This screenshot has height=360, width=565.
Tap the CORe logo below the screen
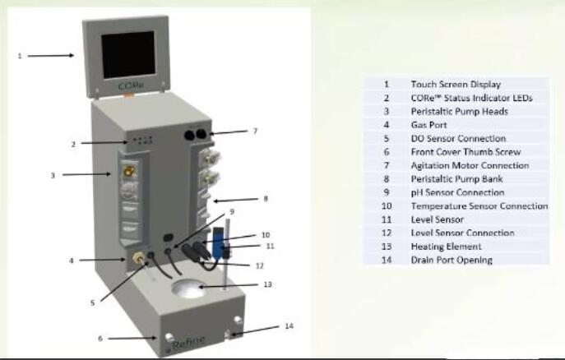click(x=130, y=85)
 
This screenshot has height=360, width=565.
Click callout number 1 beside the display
click(x=19, y=56)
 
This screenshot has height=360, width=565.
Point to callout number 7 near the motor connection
click(x=255, y=130)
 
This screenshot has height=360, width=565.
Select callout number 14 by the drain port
click(x=288, y=326)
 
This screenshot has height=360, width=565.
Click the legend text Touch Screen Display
click(x=455, y=84)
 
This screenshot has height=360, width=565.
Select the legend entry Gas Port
click(x=428, y=125)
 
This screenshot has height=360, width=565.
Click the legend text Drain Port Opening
click(x=452, y=260)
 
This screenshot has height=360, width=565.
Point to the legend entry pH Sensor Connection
click(x=456, y=192)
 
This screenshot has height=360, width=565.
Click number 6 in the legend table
click(x=386, y=152)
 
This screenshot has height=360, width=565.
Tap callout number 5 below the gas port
click(x=92, y=302)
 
